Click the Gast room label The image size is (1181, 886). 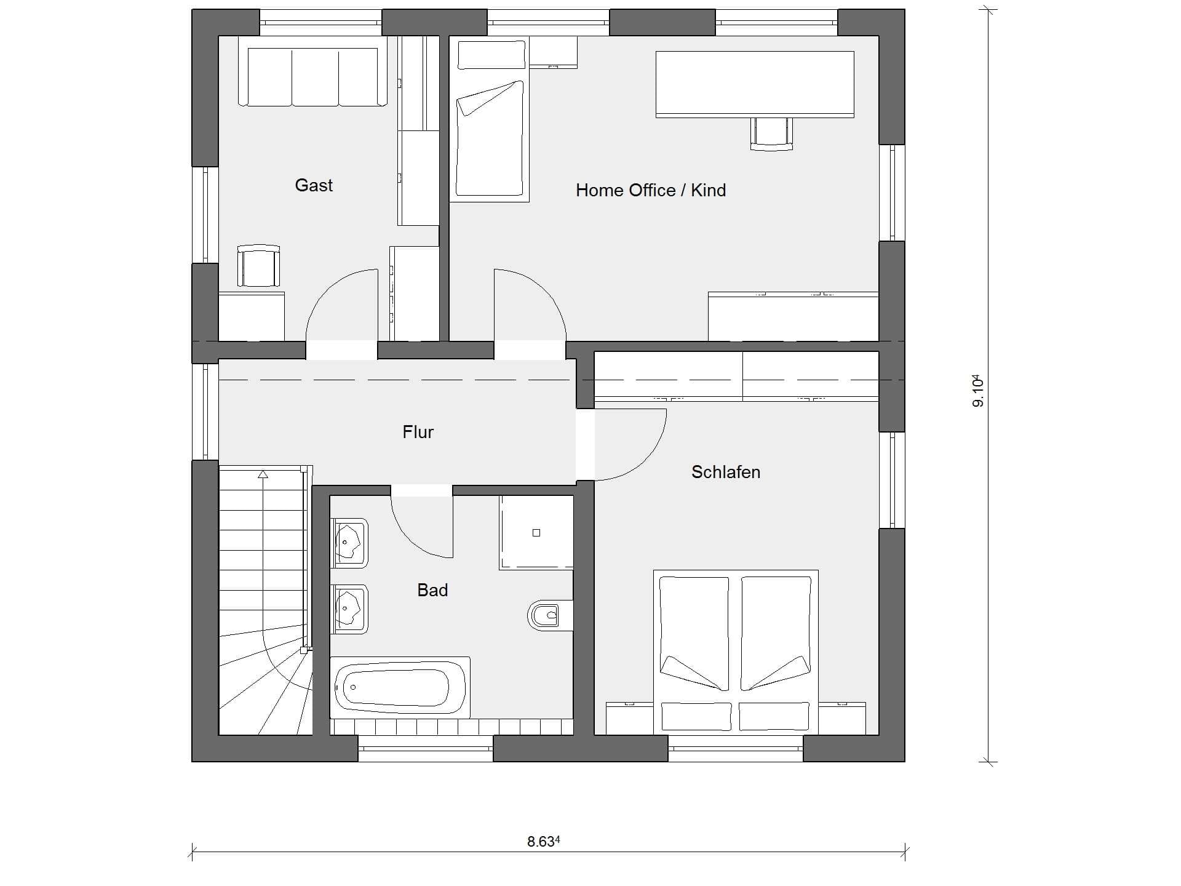[x=314, y=185]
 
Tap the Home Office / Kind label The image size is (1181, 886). [x=651, y=190]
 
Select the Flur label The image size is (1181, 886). [x=418, y=432]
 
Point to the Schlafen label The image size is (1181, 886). [x=726, y=472]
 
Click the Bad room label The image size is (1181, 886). [x=432, y=590]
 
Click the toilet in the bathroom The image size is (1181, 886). [x=544, y=615]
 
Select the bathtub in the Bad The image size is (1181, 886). [x=400, y=687]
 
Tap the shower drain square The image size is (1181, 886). [x=536, y=533]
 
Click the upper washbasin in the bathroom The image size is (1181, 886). [x=349, y=543]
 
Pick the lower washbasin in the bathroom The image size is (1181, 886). [x=349, y=609]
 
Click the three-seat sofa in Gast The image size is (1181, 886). [x=313, y=71]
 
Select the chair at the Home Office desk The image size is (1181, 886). [x=771, y=134]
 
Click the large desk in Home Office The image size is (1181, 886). [x=755, y=84]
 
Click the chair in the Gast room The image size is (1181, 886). [x=259, y=266]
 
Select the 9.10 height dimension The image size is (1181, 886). [x=978, y=391]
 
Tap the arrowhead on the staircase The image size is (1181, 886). [x=263, y=474]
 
